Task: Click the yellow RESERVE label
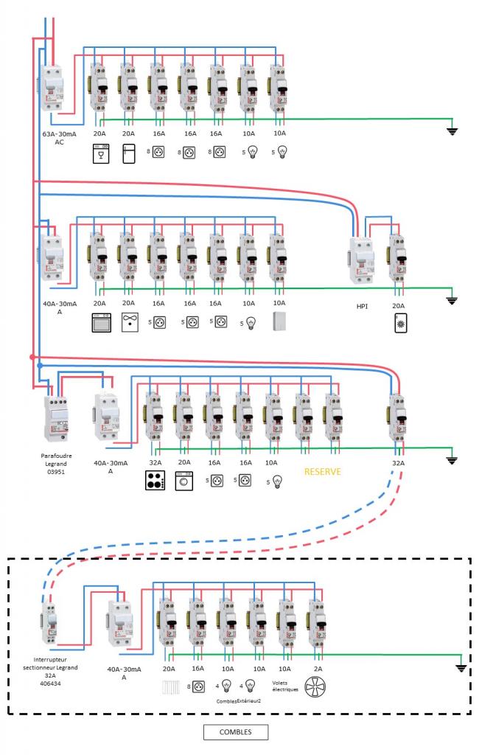323,471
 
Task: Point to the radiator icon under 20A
169,688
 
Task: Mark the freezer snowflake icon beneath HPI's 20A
397,322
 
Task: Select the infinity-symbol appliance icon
129,322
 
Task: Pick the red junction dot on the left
32,357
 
